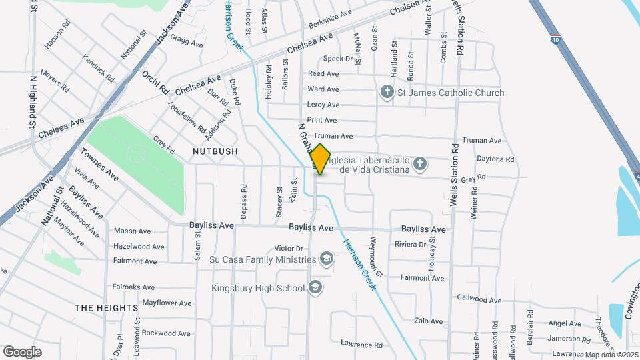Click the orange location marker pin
click(321, 159)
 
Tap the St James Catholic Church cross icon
click(387, 93)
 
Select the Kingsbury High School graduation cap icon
click(315, 288)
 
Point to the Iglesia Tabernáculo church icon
click(419, 163)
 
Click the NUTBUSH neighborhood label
click(215, 151)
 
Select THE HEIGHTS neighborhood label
click(107, 308)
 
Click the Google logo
click(22, 351)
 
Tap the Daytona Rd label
click(495, 159)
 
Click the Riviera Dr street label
click(410, 245)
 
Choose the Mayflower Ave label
click(167, 303)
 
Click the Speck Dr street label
click(337, 59)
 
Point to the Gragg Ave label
click(186, 41)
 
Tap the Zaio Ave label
click(428, 321)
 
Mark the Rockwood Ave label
click(167, 333)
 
